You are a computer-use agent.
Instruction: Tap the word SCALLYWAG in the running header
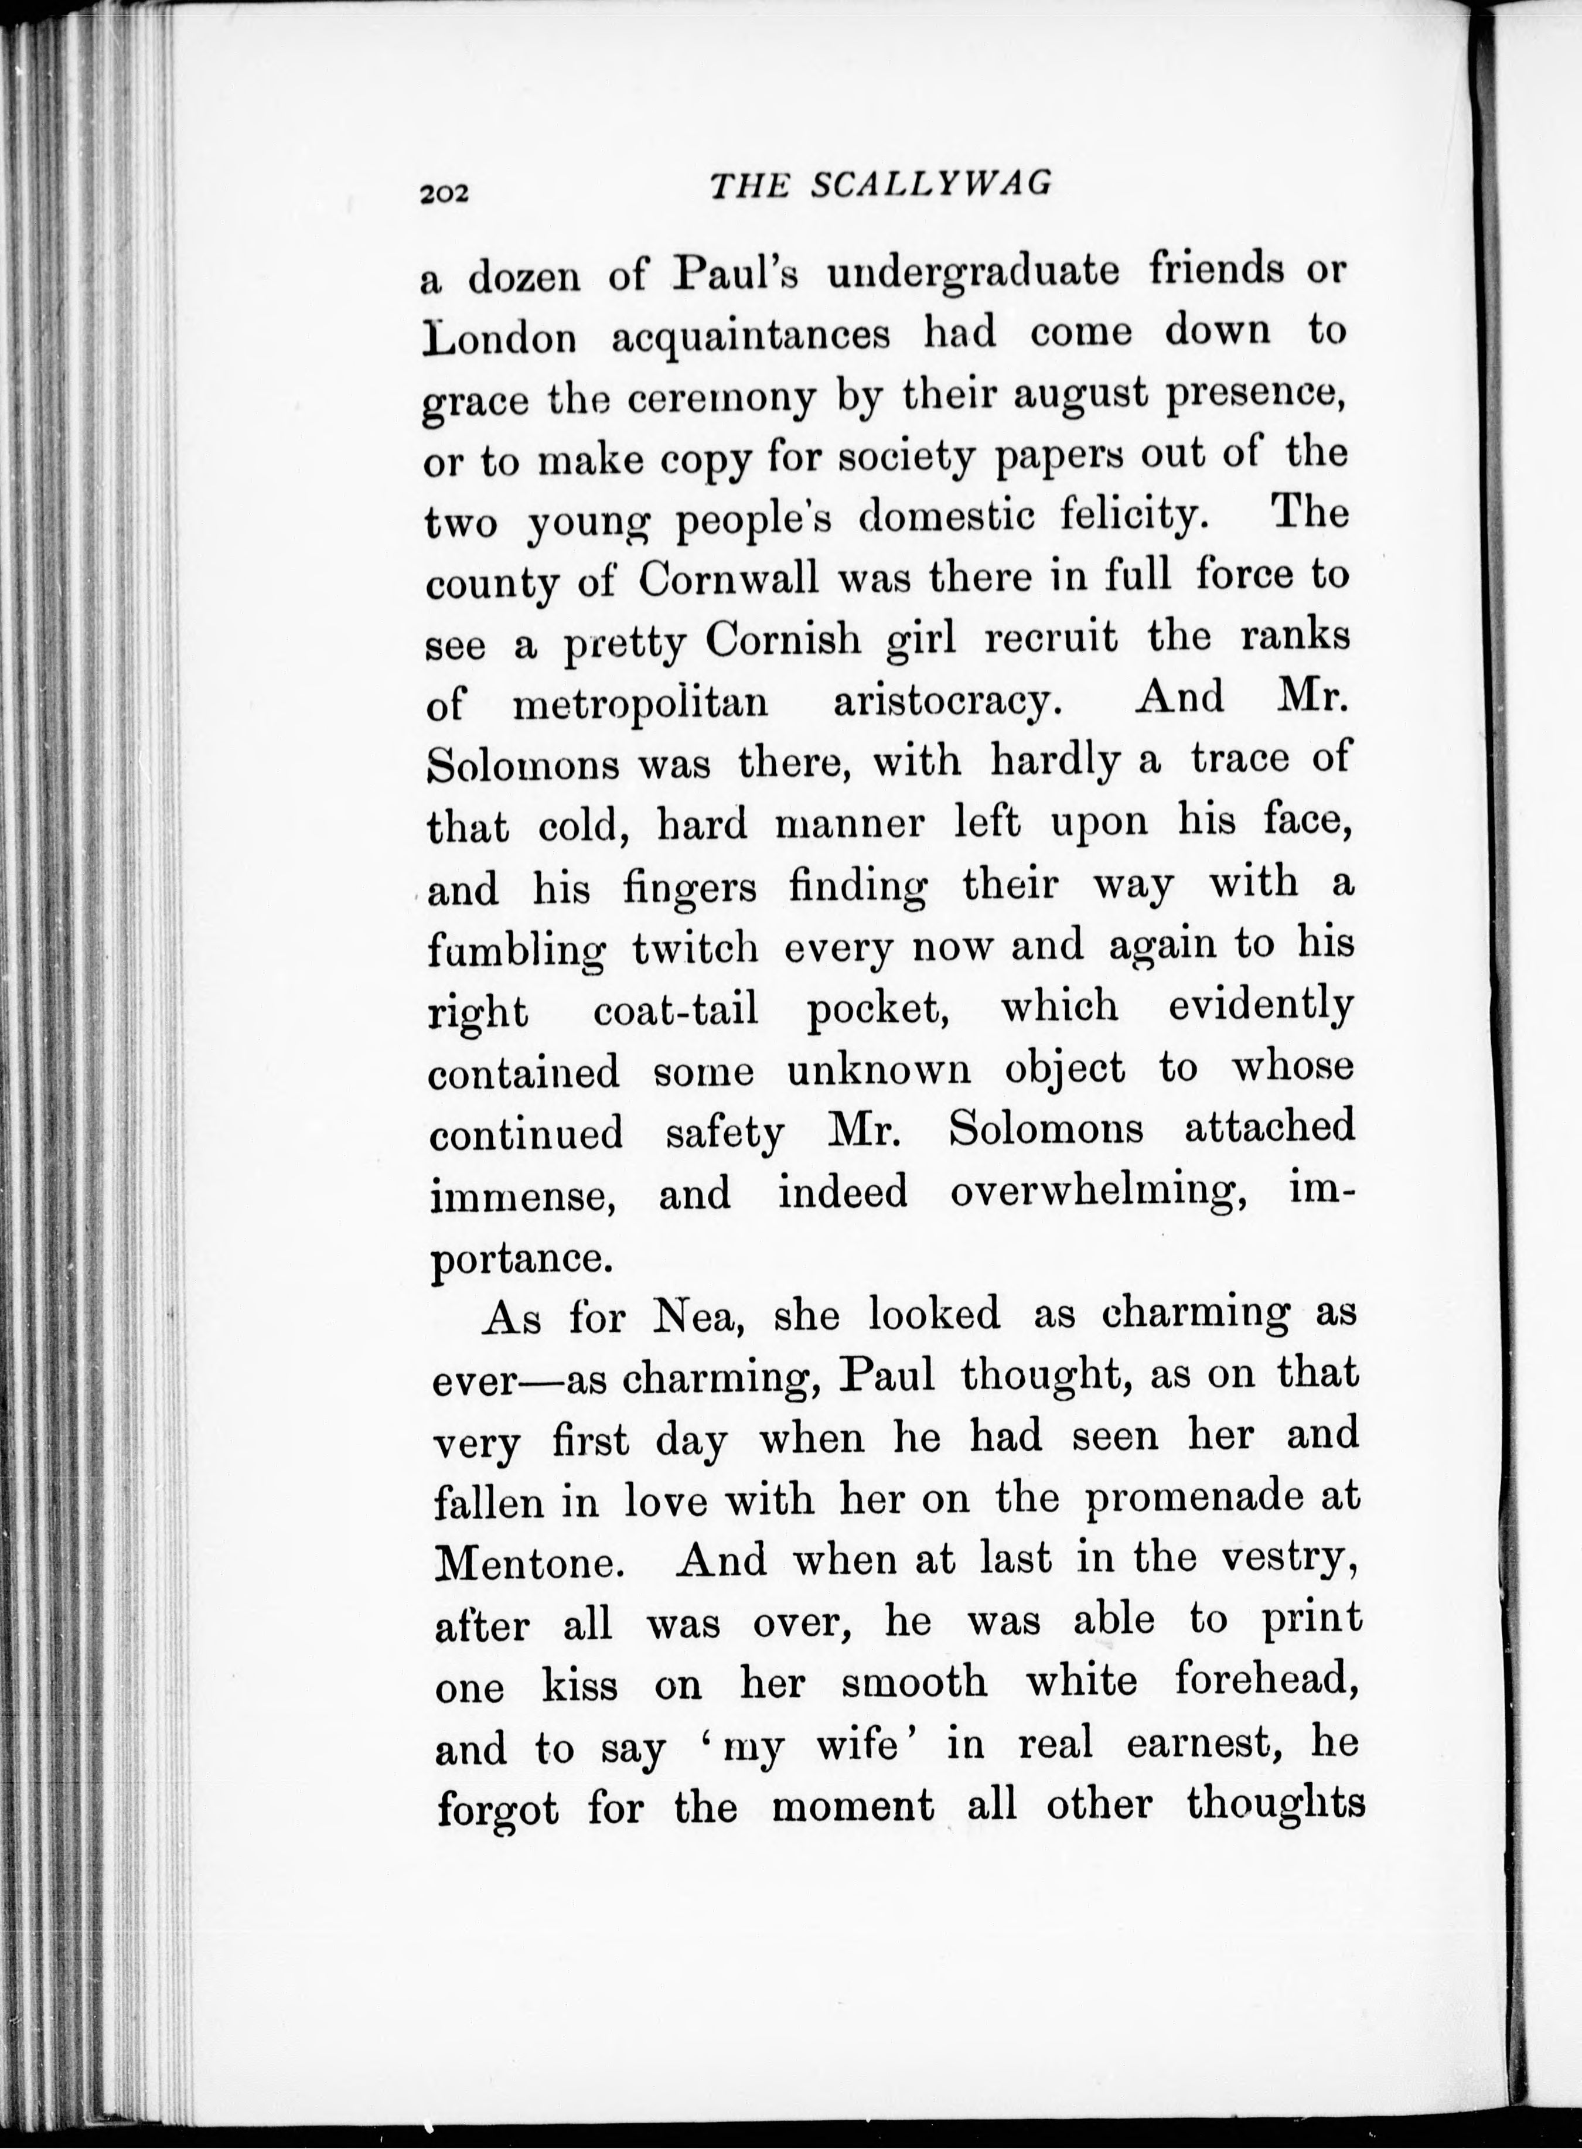[931, 184]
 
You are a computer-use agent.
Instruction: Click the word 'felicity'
[1131, 517]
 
